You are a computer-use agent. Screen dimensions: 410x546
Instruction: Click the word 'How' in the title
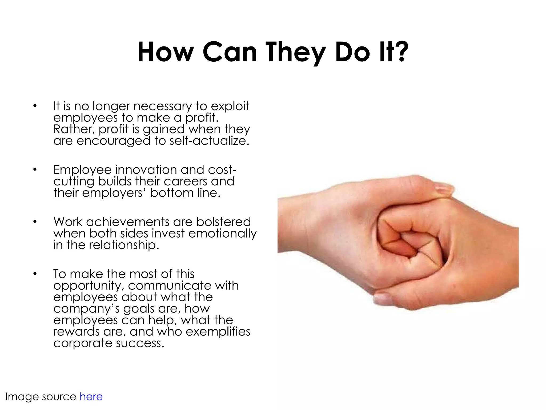[x=165, y=52]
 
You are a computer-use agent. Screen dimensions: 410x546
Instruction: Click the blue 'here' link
[x=91, y=397]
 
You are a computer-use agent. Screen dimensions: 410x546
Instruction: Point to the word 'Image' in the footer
[x=22, y=397]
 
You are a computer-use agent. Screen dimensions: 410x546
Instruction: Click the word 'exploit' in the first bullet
[x=230, y=107]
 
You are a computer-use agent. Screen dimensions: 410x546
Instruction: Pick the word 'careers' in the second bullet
[x=186, y=182]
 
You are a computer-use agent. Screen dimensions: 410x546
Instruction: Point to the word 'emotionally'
[x=222, y=234]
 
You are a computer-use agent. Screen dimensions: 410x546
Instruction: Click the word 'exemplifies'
[x=218, y=332]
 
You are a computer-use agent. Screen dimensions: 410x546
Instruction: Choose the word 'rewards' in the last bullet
[x=77, y=332]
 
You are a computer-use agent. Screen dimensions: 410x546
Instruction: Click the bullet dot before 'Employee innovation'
[x=35, y=169]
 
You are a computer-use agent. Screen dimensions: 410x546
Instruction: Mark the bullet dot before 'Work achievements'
[x=35, y=222]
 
